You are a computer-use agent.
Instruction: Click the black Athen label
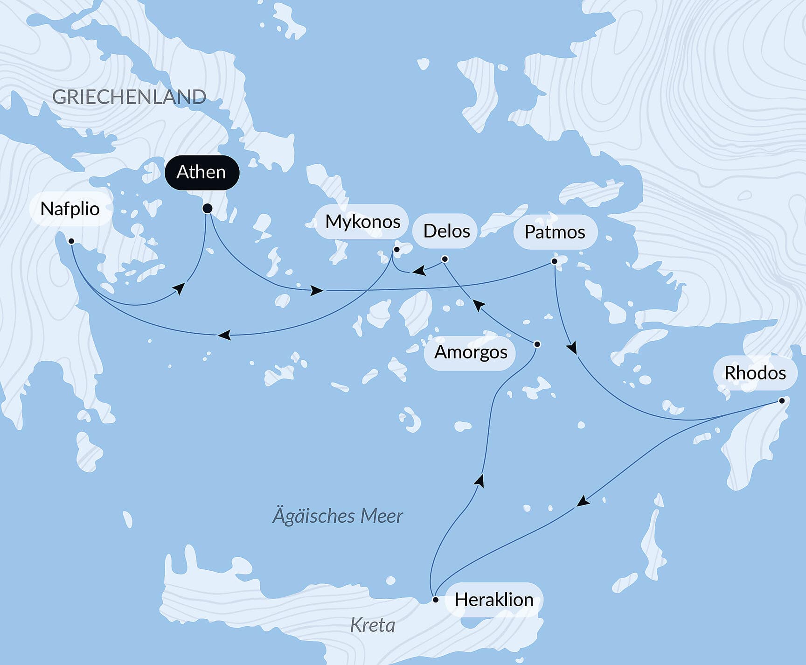pyautogui.click(x=201, y=173)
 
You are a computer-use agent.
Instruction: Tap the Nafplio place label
pyautogui.click(x=70, y=209)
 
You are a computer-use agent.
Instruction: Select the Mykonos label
pyautogui.click(x=362, y=222)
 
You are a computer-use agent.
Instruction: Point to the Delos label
pyautogui.click(x=446, y=231)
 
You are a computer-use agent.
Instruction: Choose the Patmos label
pyautogui.click(x=555, y=232)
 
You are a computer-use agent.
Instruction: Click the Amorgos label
pyautogui.click(x=470, y=352)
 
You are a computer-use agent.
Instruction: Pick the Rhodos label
pyautogui.click(x=755, y=373)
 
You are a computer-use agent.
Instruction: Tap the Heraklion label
pyautogui.click(x=493, y=600)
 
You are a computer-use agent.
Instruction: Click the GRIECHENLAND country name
pyautogui.click(x=129, y=97)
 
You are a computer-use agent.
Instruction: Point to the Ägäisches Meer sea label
pyautogui.click(x=337, y=516)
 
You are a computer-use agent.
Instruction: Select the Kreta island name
pyautogui.click(x=372, y=625)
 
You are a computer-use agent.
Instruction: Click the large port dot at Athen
pyautogui.click(x=208, y=209)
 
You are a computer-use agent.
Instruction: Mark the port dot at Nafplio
pyautogui.click(x=71, y=241)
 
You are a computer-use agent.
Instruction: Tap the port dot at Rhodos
pyautogui.click(x=782, y=400)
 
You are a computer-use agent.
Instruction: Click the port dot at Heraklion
pyautogui.click(x=435, y=600)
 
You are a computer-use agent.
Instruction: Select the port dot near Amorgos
pyautogui.click(x=537, y=344)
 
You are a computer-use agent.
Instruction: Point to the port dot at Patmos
pyautogui.click(x=554, y=261)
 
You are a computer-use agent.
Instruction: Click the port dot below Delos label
pyautogui.click(x=445, y=259)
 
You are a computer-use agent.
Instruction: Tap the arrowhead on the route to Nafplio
pyautogui.click(x=224, y=335)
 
